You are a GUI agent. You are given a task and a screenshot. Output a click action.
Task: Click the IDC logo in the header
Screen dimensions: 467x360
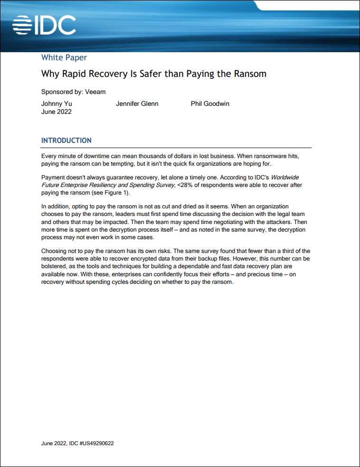pyautogui.click(x=44, y=25)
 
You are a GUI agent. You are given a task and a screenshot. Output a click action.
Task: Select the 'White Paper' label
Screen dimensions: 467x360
pyautogui.click(x=64, y=58)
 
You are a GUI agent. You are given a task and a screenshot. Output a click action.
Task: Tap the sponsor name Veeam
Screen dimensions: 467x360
pyautogui.click(x=95, y=92)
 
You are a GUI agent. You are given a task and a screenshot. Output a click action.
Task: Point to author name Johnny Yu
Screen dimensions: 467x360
pyautogui.click(x=56, y=103)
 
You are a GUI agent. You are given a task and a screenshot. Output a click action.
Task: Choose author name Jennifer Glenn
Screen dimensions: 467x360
pyautogui.click(x=137, y=103)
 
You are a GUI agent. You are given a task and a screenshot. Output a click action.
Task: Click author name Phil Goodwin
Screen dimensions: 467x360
pyautogui.click(x=210, y=103)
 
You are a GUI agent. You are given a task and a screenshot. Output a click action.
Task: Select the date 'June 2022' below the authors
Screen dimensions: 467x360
pyautogui.click(x=56, y=112)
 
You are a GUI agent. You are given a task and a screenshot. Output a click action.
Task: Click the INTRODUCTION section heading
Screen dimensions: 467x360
pyautogui.click(x=66, y=140)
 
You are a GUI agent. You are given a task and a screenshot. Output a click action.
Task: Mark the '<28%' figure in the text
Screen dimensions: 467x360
pyautogui.click(x=185, y=185)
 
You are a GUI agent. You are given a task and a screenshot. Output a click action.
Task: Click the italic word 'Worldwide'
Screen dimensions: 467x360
pyautogui.click(x=285, y=177)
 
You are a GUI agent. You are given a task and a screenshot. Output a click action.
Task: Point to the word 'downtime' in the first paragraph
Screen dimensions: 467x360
pyautogui.click(x=95, y=156)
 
